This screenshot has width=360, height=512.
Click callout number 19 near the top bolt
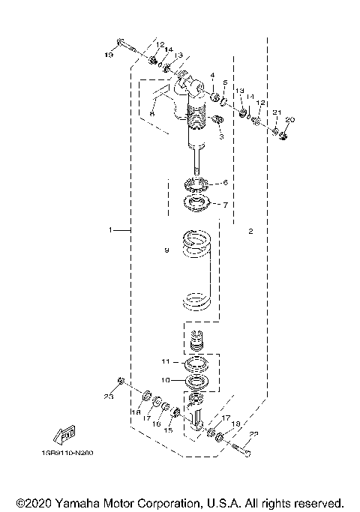click(x=109, y=55)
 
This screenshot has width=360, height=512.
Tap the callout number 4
click(x=212, y=75)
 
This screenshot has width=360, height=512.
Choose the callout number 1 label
click(x=110, y=230)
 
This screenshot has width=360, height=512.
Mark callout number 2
click(x=251, y=232)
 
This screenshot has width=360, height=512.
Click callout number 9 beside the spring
click(x=167, y=252)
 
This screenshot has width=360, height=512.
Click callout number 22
click(x=253, y=434)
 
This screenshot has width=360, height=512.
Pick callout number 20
click(x=290, y=120)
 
